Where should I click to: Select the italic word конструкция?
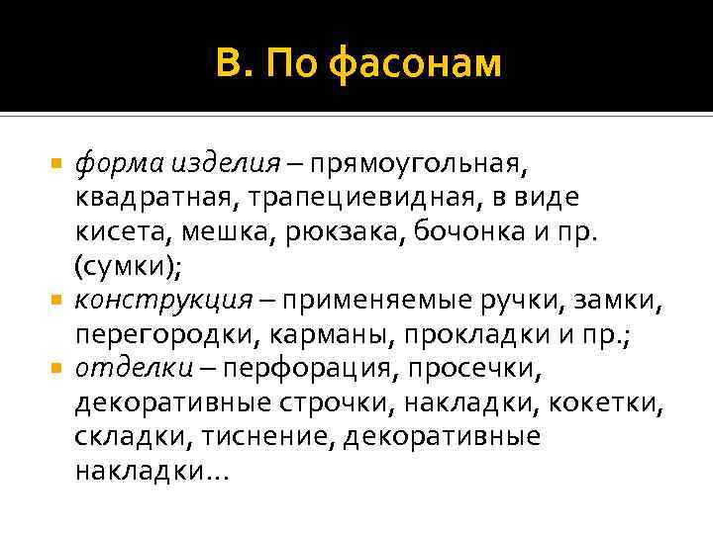click(x=139, y=301)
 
